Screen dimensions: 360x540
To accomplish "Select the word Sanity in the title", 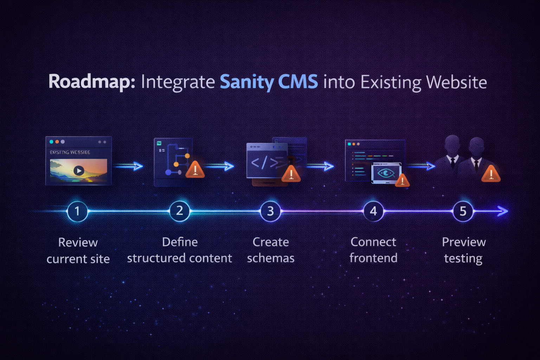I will click(246, 82).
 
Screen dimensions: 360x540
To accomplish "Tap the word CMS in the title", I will click(298, 82).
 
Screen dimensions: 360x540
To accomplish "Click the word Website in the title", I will click(456, 82).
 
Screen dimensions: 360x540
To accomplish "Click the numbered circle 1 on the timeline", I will click(77, 211).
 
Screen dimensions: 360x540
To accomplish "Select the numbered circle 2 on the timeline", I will click(180, 211).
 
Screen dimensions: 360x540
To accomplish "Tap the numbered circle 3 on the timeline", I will click(270, 211).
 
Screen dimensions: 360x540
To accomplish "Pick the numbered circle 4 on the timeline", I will click(373, 211).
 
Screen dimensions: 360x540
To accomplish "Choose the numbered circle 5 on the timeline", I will click(463, 211).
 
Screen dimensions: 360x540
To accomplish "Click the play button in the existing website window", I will click(79, 171).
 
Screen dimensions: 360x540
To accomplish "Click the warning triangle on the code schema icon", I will click(291, 174).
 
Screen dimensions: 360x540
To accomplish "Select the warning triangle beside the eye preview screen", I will click(402, 180).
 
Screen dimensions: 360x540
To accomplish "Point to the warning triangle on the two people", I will click(491, 174).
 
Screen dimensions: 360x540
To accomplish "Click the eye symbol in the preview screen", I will click(386, 173).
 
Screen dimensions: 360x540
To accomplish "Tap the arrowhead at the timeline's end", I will click(503, 211).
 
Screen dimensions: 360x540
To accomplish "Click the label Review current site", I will click(78, 250).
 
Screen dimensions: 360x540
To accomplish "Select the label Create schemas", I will click(271, 250).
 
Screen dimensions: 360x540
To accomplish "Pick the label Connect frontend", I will click(373, 250).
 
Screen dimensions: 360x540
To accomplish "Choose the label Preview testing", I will click(464, 250).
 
